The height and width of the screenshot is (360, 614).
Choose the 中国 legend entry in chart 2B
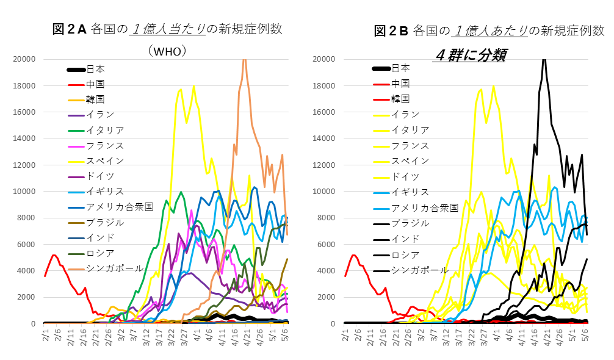tap(400, 84)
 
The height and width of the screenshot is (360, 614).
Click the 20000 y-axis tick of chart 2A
tap(24, 59)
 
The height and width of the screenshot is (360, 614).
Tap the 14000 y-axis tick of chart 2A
tap(24, 139)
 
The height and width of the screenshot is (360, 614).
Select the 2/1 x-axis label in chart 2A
tap(45, 336)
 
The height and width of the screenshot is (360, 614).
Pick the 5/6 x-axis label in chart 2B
tap(585, 336)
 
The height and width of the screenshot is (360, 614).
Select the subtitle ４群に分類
tap(469, 54)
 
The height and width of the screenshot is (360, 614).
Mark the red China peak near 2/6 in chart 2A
tap(54, 255)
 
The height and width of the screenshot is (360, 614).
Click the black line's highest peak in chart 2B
tap(544, 60)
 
